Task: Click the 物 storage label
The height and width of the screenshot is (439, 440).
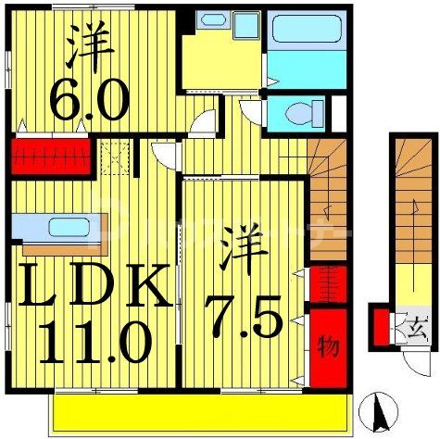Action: [328, 349]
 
